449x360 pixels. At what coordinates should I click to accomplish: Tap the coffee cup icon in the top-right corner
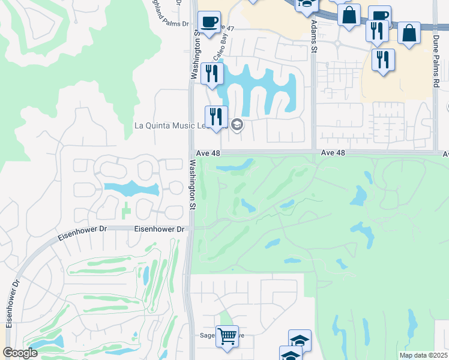[379, 16]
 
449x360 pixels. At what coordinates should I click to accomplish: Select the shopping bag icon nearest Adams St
[349, 15]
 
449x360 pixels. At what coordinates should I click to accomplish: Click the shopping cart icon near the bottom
[228, 337]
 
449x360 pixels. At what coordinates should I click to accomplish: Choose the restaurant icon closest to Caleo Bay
[212, 74]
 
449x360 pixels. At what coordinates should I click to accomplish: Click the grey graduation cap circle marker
[237, 124]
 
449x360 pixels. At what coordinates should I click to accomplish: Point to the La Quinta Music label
[170, 125]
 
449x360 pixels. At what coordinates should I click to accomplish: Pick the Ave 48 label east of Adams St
[333, 153]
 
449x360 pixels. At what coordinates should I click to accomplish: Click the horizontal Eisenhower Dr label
[158, 229]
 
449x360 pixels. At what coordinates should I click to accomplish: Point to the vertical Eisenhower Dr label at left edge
[10, 303]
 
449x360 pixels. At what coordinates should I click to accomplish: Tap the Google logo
[20, 353]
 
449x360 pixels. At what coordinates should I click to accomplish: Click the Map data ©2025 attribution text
[423, 355]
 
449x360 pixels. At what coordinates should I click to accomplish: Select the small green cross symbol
[126, 211]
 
